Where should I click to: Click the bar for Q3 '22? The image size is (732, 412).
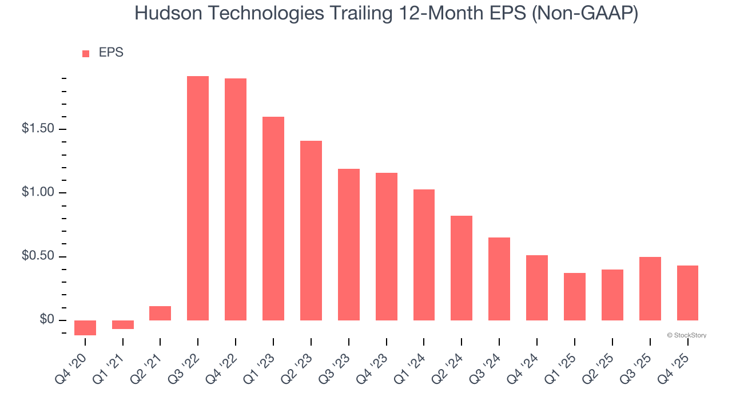tap(198, 198)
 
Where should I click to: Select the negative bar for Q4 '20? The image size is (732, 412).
tap(85, 327)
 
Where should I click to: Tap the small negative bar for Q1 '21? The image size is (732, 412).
tap(122, 324)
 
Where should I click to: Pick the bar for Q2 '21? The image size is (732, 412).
tap(160, 313)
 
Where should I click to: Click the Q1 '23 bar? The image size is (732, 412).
tap(273, 219)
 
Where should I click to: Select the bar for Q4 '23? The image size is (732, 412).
tap(387, 246)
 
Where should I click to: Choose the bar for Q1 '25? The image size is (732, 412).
tap(575, 296)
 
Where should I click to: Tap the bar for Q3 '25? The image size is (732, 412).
tap(650, 288)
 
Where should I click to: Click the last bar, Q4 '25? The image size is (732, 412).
tap(687, 292)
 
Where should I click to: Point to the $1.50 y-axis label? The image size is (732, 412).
tap(38, 129)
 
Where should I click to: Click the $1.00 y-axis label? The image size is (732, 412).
tap(38, 192)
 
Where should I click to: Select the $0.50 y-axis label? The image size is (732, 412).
tap(38, 256)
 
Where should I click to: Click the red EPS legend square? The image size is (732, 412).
tap(86, 53)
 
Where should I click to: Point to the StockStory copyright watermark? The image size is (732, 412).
tap(686, 335)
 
